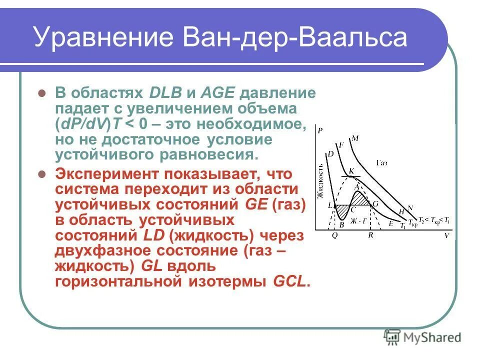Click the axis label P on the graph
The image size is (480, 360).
click(319, 131)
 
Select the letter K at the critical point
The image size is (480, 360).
click(351, 171)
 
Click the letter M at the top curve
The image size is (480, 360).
click(355, 138)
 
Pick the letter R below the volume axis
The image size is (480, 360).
click(370, 235)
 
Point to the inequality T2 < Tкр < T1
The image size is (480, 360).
click(433, 221)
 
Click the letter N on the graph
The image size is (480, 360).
click(410, 207)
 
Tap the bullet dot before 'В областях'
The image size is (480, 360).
click(42, 93)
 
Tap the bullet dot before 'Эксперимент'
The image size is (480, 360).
click(42, 174)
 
